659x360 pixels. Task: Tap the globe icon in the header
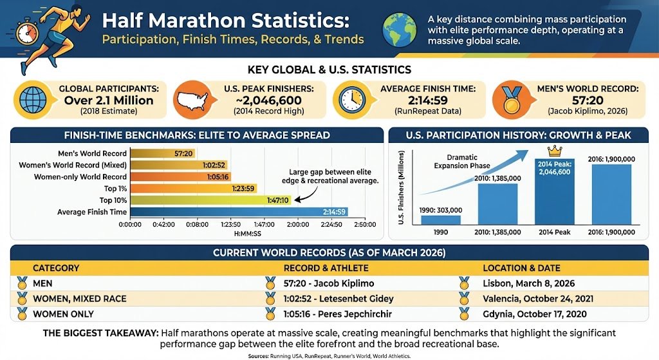point(400,30)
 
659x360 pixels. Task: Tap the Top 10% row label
point(111,200)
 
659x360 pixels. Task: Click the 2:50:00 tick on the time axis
point(364,225)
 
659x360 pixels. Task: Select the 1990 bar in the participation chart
point(441,220)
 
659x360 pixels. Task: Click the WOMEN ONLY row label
point(63,314)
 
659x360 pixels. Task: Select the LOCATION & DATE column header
point(521,268)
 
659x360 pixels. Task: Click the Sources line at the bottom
point(329,355)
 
